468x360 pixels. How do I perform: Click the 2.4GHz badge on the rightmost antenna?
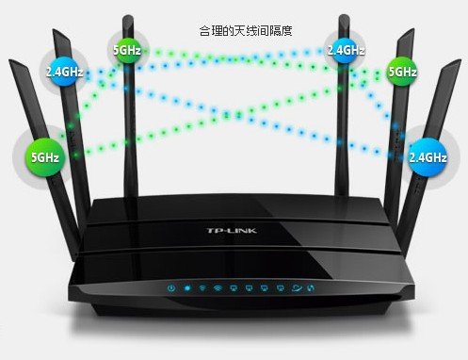428,155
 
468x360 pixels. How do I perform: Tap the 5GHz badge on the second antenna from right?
402,70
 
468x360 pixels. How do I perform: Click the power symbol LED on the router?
171,287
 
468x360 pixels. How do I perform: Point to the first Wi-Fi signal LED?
202,287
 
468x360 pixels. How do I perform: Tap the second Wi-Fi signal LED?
218,287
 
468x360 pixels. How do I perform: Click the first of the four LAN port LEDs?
234,287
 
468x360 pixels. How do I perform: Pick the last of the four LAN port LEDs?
280,287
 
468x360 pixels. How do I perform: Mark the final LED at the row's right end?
310,287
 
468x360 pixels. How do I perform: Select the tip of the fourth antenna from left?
341,17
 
